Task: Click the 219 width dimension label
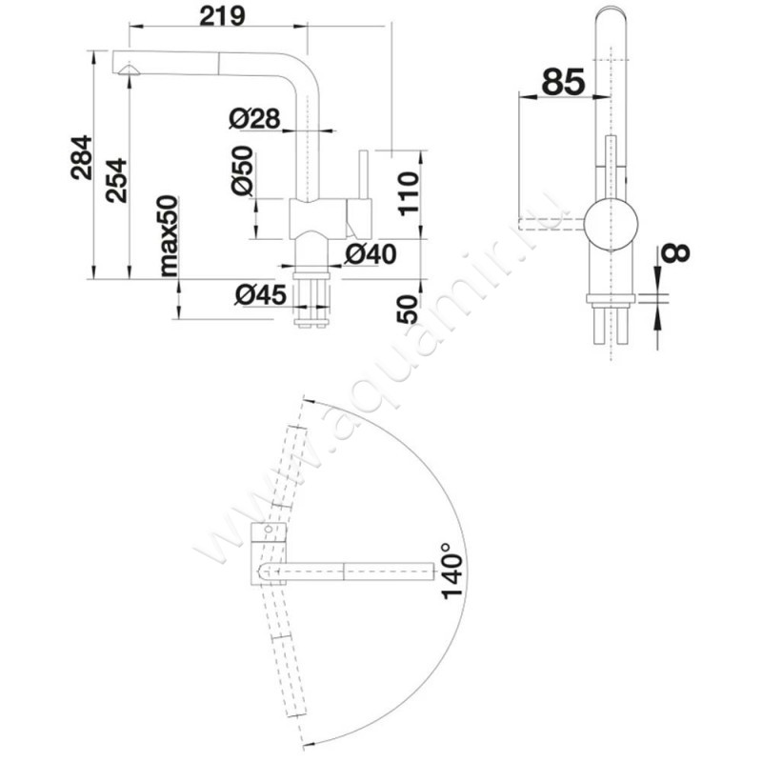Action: [223, 16]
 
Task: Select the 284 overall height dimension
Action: [81, 157]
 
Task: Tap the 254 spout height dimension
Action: [117, 181]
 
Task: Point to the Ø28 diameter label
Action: [254, 118]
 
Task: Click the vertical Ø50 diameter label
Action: [243, 170]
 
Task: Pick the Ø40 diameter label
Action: [371, 253]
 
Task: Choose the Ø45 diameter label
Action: [260, 295]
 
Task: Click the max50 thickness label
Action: [170, 235]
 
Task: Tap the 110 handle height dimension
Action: [409, 193]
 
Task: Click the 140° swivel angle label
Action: [451, 571]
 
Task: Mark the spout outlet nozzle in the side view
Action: [129, 70]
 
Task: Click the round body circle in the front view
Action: [611, 225]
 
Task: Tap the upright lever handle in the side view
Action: [363, 174]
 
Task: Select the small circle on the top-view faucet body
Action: [268, 530]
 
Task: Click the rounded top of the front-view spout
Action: [611, 10]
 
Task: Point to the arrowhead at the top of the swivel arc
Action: [311, 402]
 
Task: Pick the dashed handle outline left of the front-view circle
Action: [551, 224]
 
